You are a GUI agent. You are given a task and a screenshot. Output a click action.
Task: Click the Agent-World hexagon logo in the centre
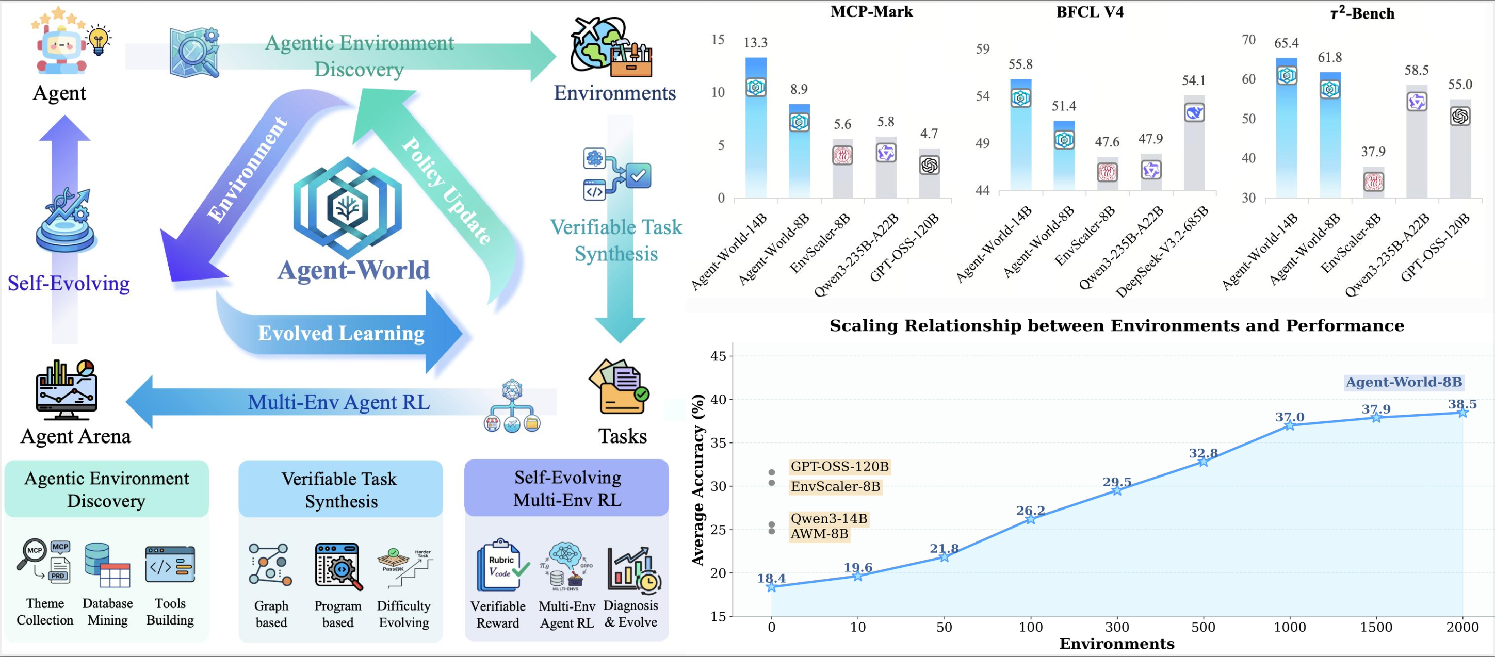tap(347, 207)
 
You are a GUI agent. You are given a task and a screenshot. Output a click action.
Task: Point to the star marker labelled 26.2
tap(1031, 519)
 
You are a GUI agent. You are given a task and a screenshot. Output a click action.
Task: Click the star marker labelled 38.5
tap(1463, 412)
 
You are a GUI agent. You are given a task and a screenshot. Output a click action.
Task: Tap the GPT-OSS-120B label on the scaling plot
tap(839, 467)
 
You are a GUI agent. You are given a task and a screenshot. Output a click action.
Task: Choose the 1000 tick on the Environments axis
tap(1290, 627)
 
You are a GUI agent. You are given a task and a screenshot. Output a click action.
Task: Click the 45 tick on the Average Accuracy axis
tap(718, 356)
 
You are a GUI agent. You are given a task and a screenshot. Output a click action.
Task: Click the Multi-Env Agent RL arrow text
tap(339, 402)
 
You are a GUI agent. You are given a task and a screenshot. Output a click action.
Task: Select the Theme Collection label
tap(45, 612)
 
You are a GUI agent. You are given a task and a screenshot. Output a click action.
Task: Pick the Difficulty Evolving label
tap(403, 614)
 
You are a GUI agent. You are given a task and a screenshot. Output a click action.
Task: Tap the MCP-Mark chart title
tap(871, 12)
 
